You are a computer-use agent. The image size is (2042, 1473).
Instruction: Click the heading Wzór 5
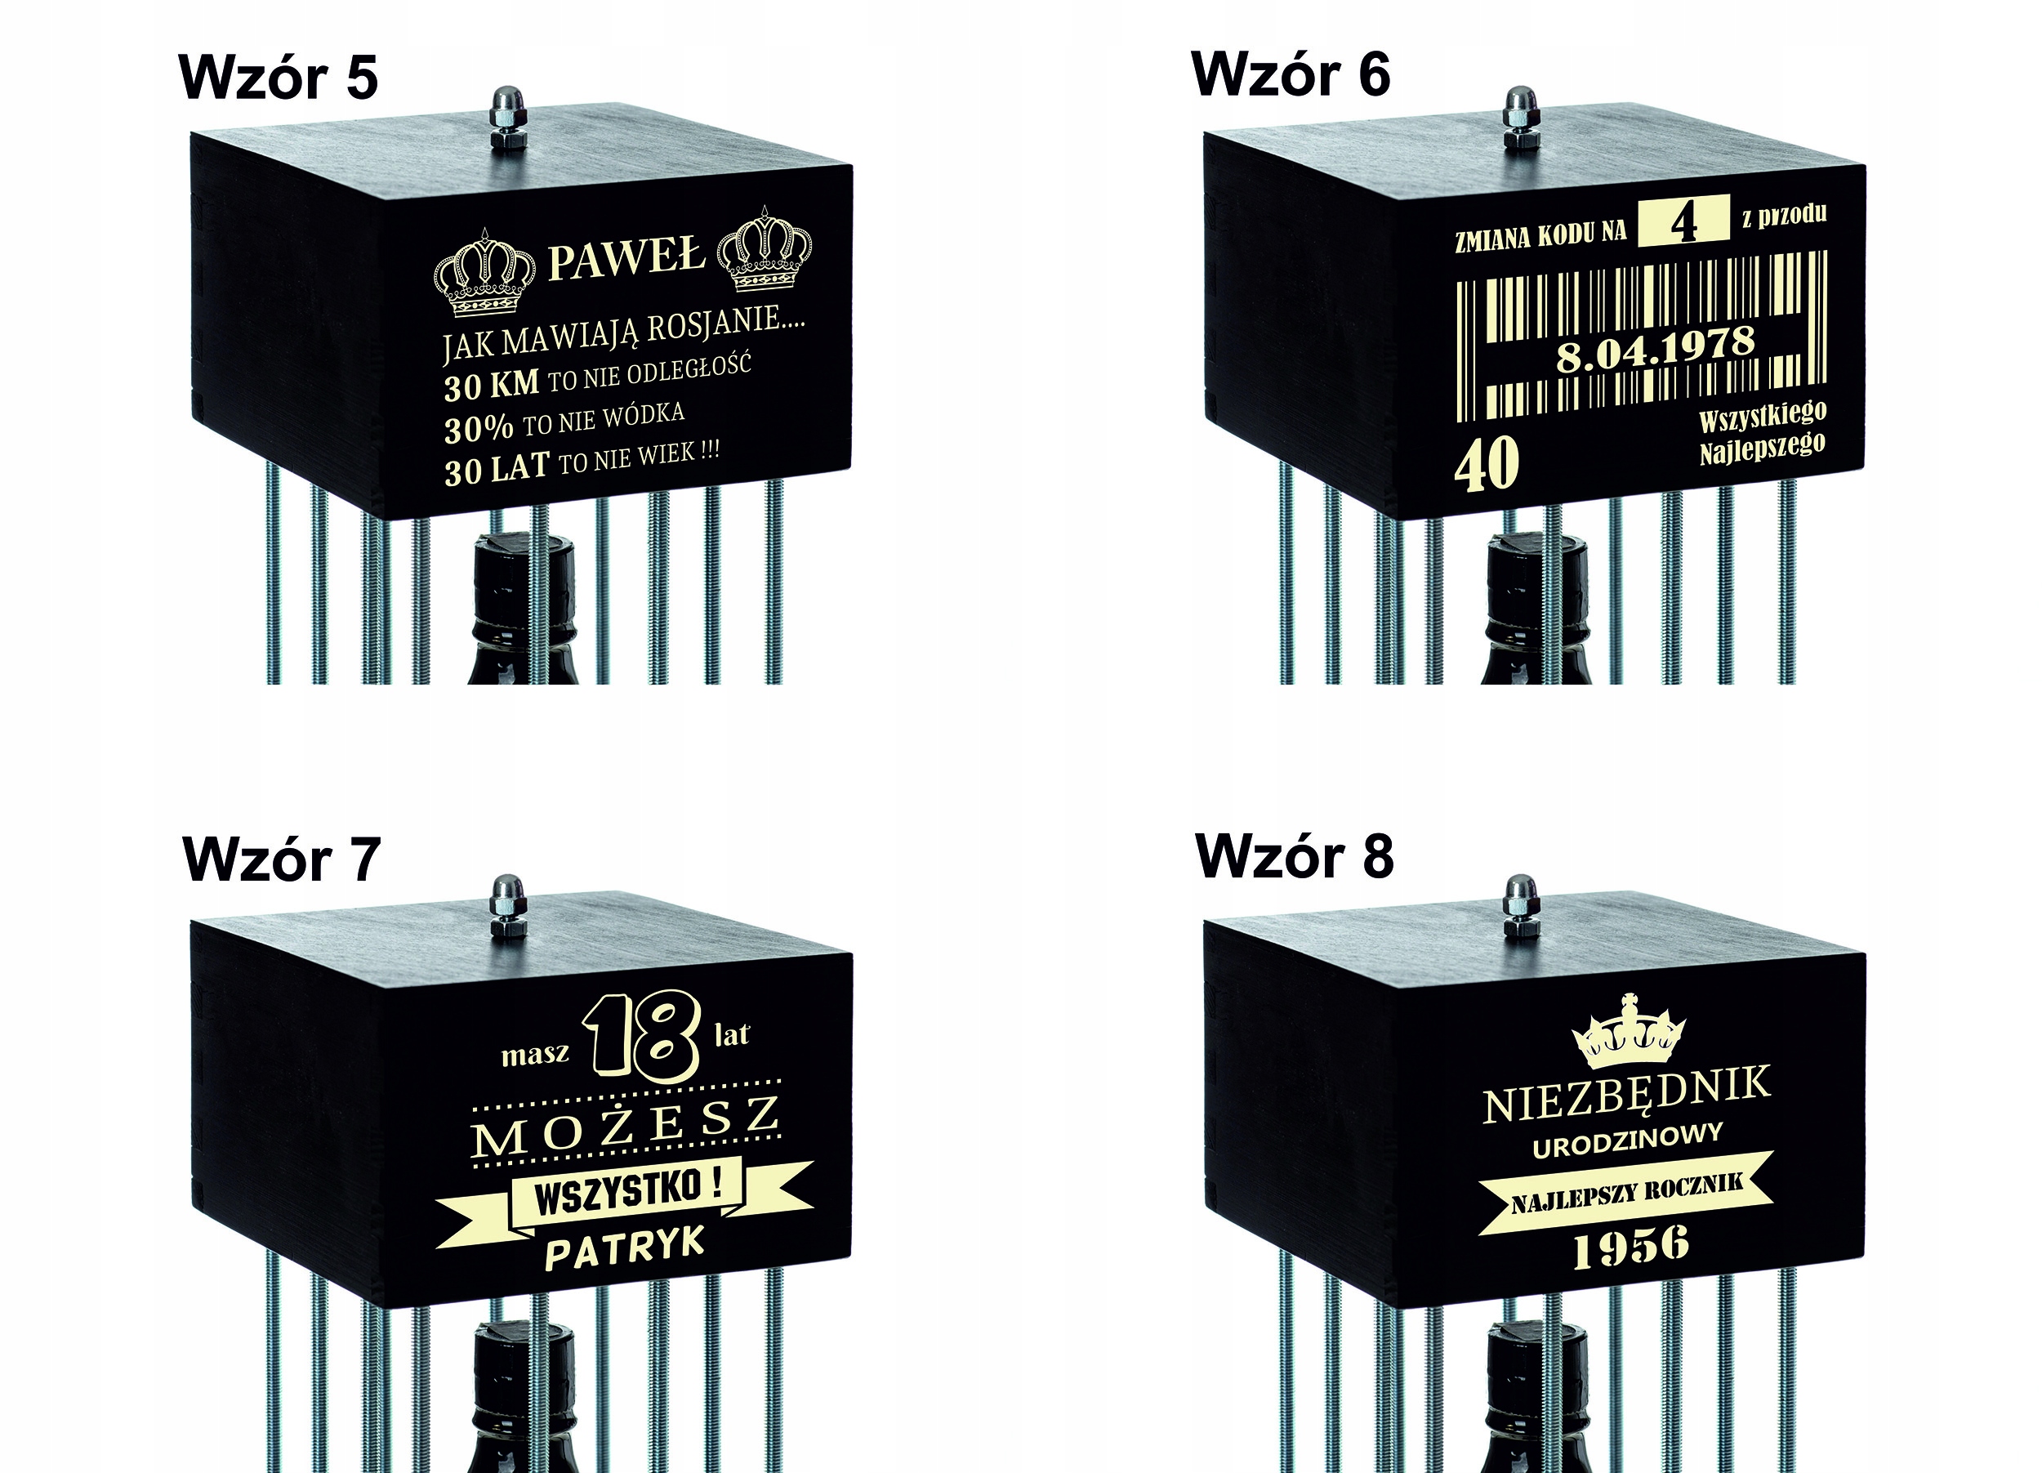point(279,78)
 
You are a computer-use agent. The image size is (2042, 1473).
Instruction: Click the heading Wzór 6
point(1291,74)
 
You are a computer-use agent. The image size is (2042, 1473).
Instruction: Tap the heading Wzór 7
point(281,859)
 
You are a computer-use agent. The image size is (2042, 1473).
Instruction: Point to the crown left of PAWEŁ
point(485,274)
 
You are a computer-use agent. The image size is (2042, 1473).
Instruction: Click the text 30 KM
point(491,386)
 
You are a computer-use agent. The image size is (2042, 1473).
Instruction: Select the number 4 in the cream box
point(1683,221)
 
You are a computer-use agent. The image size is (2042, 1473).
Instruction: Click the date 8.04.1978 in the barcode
point(1656,349)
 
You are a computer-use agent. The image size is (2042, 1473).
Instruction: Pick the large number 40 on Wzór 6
point(1487,466)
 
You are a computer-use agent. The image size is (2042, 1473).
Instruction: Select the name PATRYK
point(624,1249)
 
